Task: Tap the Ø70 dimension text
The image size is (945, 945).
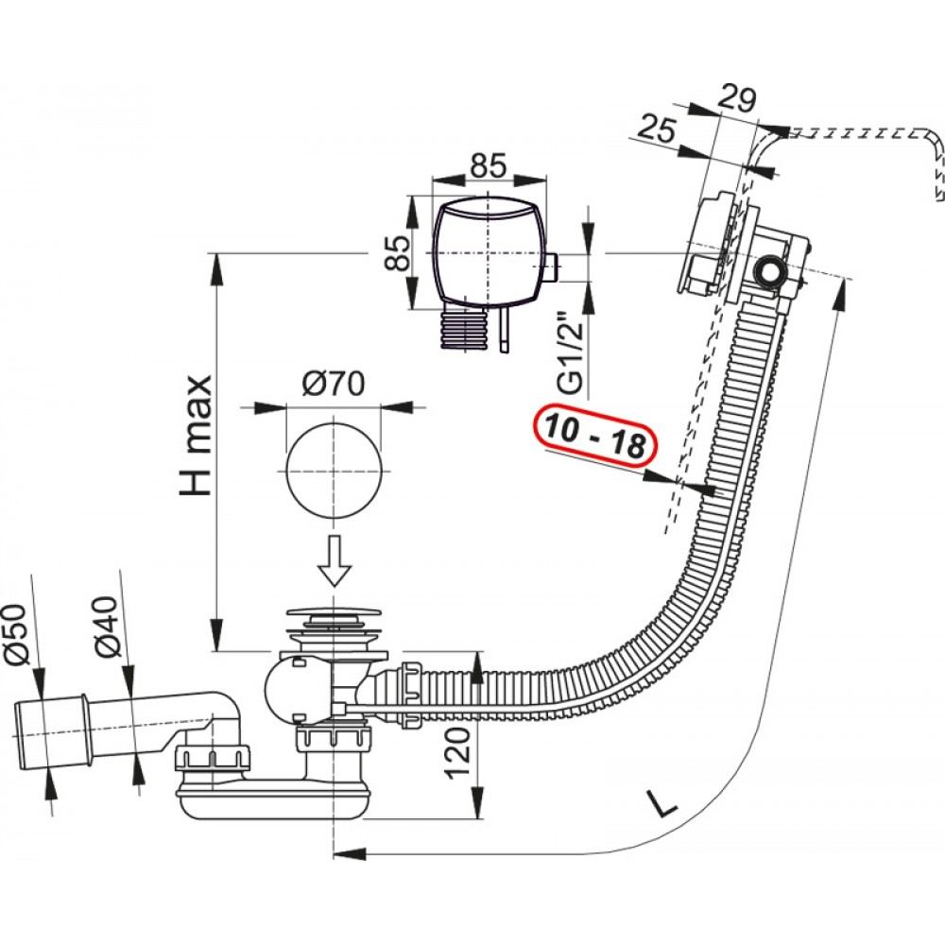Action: point(333,385)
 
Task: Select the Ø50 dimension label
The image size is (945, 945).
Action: point(20,636)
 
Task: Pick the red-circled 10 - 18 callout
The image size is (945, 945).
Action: point(594,434)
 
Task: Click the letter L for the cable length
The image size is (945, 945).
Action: point(665,804)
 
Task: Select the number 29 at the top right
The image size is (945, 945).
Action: point(737,96)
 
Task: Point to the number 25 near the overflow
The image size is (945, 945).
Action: point(658,129)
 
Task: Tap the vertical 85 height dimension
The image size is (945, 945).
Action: point(402,253)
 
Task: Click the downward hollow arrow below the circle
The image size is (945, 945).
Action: point(334,563)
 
